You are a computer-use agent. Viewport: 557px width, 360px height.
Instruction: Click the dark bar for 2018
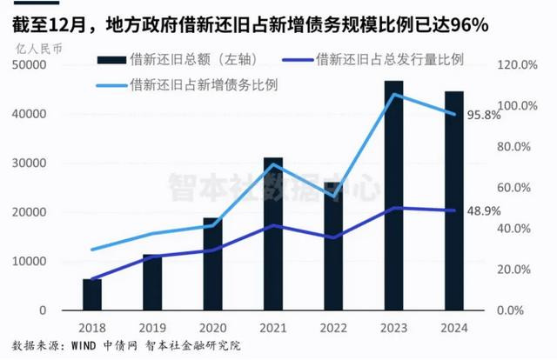click(x=92, y=294)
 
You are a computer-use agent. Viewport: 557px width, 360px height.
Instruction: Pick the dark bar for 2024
click(x=454, y=201)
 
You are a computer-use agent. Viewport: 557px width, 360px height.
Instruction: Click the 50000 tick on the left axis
click(x=30, y=65)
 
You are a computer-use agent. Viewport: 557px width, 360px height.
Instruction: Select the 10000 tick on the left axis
click(x=30, y=262)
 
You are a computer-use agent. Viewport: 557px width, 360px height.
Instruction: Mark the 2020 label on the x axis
click(x=212, y=329)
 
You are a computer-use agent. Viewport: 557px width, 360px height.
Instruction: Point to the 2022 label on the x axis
click(x=333, y=329)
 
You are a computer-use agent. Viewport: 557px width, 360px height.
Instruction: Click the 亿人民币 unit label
click(x=34, y=47)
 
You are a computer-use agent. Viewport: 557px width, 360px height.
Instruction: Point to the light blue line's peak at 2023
click(x=394, y=94)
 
